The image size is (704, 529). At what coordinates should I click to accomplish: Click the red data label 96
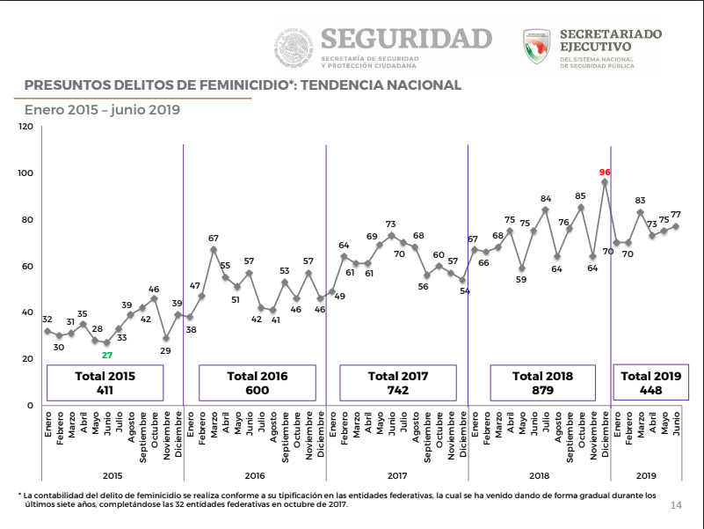click(605, 173)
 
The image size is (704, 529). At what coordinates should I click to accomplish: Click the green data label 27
click(107, 355)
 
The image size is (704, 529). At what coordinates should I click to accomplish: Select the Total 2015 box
click(105, 382)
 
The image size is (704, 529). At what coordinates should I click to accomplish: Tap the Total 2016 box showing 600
click(257, 382)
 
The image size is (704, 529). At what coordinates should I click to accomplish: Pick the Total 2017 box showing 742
click(397, 382)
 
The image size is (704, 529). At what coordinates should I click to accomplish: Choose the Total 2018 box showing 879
click(542, 382)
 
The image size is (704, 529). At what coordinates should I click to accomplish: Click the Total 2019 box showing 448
click(650, 382)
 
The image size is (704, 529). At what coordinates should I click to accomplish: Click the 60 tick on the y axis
click(27, 266)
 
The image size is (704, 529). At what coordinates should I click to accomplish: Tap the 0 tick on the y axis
click(30, 405)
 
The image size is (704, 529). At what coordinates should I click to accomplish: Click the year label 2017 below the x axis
click(397, 474)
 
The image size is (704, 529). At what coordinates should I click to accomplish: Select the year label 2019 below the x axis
click(646, 474)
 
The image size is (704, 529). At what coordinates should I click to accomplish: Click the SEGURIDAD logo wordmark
click(406, 39)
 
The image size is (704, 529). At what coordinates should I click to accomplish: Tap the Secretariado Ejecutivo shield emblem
click(536, 47)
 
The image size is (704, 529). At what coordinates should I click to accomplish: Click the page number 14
click(676, 504)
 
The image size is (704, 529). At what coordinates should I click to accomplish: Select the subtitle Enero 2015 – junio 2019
click(102, 110)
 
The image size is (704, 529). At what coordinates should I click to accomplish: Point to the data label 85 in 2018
click(580, 196)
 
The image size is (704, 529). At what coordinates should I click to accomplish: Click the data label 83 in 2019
click(640, 201)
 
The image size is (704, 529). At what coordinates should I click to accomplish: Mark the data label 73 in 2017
click(391, 224)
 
